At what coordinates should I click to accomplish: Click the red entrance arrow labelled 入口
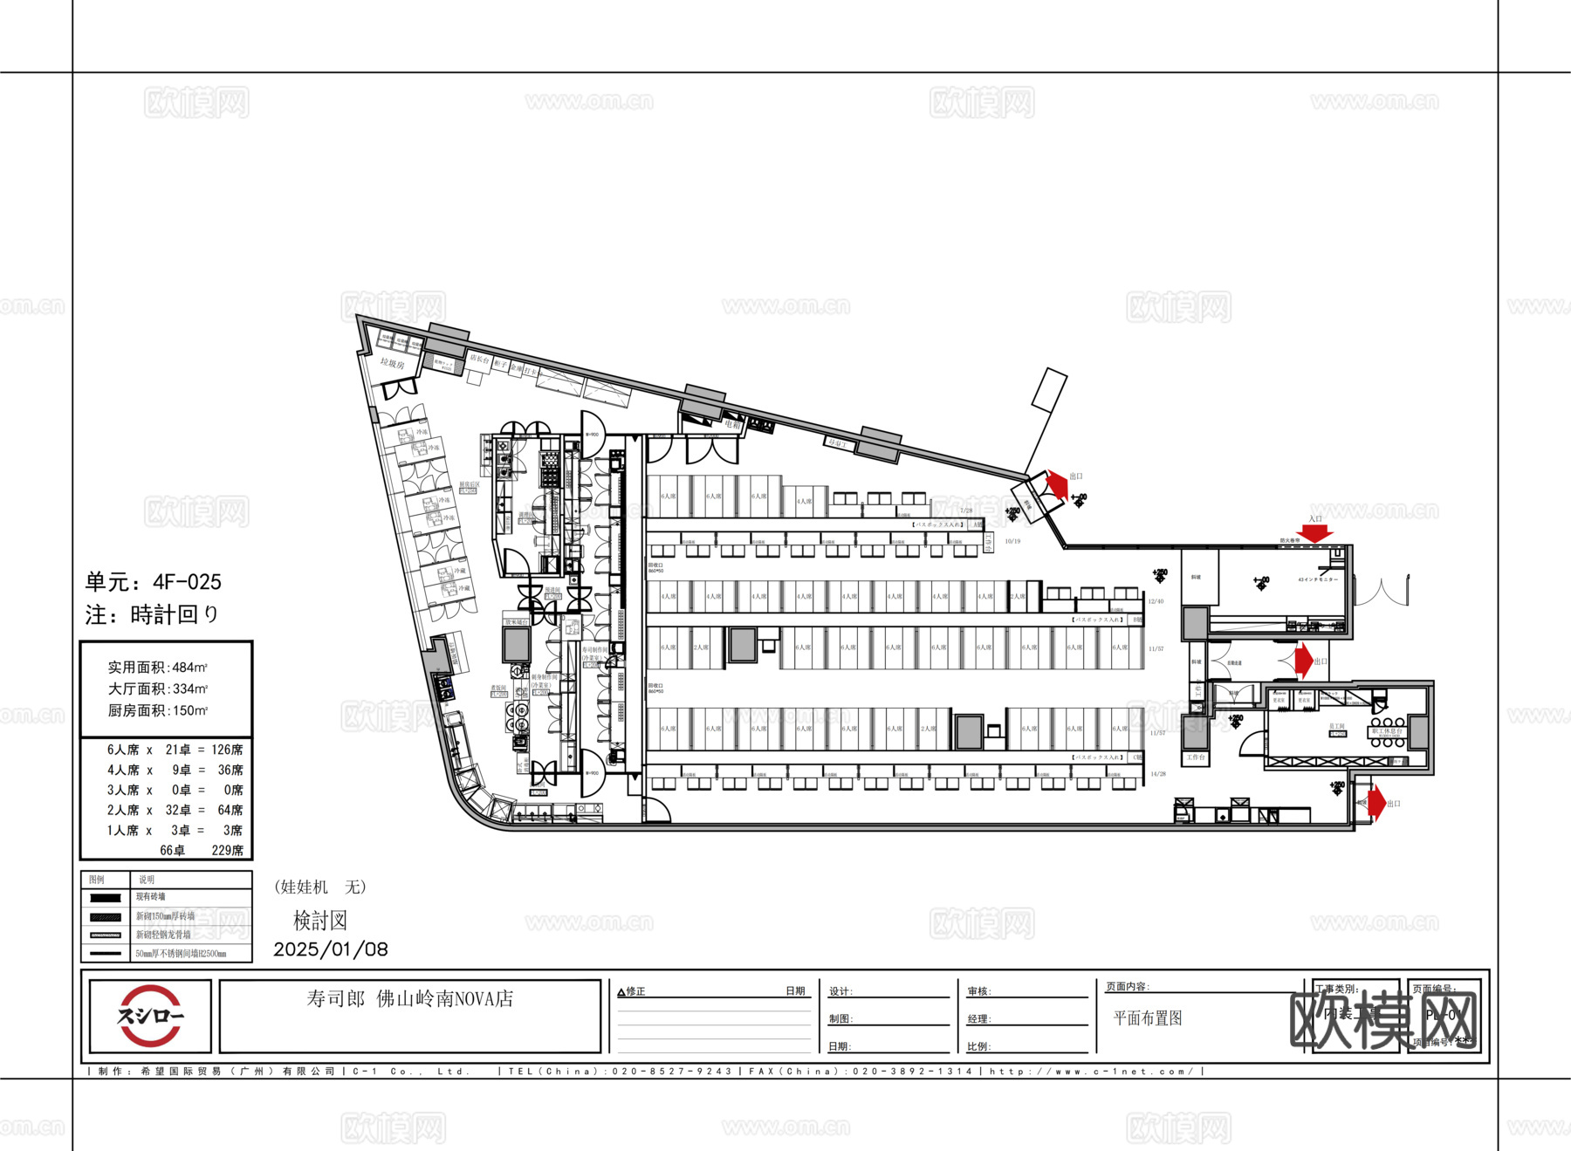click(1314, 532)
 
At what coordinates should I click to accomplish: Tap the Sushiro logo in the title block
click(150, 1016)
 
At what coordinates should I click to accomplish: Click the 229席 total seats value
click(227, 850)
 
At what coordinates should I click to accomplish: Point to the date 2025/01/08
click(331, 949)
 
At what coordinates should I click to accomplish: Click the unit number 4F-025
click(187, 582)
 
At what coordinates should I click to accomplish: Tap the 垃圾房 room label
click(392, 363)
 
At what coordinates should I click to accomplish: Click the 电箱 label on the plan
click(731, 424)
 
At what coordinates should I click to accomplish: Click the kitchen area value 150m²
click(189, 710)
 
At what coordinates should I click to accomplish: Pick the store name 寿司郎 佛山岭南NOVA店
click(409, 999)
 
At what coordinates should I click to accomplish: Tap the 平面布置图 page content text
click(1147, 1018)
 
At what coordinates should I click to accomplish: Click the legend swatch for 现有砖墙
click(106, 897)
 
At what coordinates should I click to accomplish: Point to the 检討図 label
click(320, 921)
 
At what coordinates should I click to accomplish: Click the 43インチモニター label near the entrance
click(1317, 579)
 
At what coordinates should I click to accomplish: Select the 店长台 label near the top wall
click(479, 358)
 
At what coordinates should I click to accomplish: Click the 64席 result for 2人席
click(230, 810)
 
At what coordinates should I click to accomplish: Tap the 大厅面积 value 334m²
click(189, 689)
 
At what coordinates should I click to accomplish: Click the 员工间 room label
click(1336, 726)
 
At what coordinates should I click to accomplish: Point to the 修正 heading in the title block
click(635, 991)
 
